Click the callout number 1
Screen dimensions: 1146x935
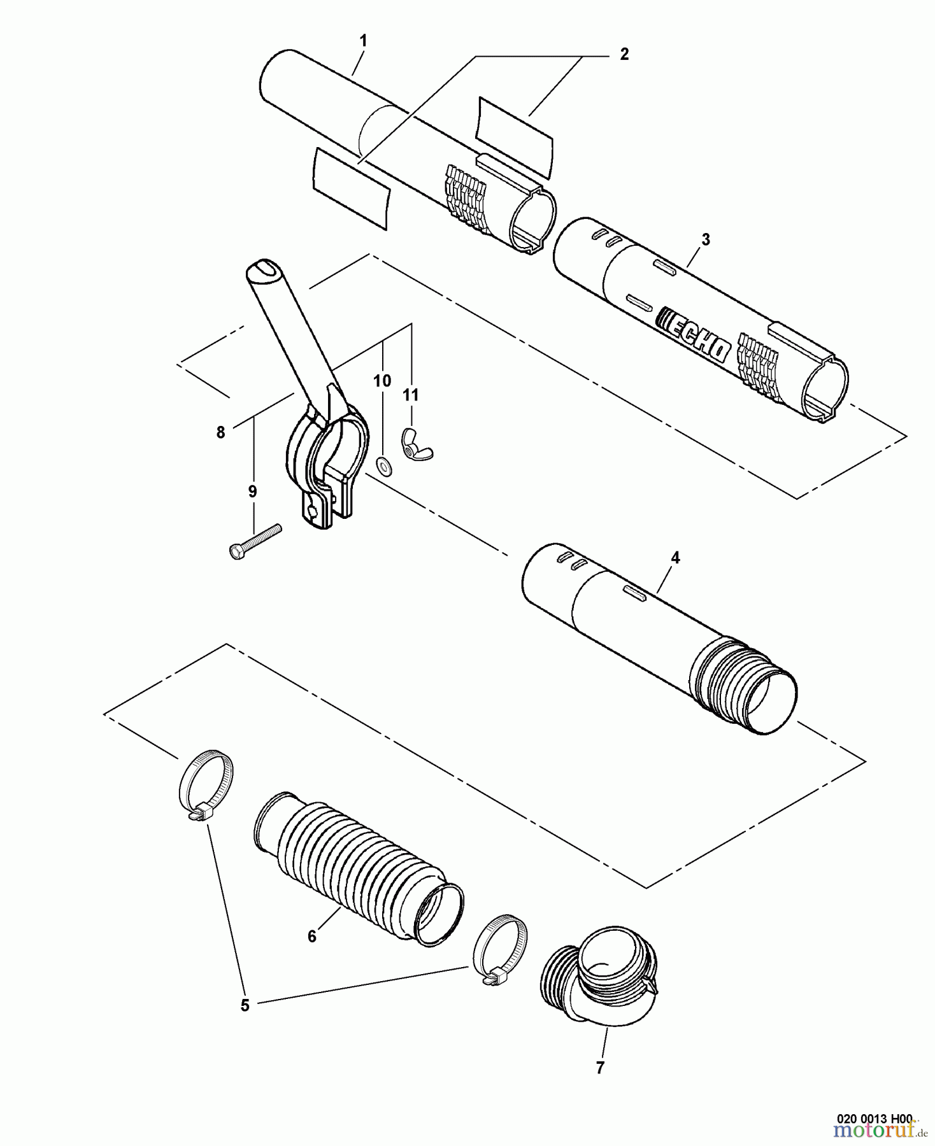[363, 41]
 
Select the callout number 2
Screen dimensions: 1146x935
[624, 54]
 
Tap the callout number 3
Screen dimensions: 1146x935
[705, 239]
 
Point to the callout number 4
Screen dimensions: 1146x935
[675, 558]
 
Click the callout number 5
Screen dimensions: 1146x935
[245, 1006]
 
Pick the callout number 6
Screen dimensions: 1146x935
[311, 937]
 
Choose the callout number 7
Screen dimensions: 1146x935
[599, 1068]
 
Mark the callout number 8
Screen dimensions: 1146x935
[220, 432]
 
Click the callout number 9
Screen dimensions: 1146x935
[252, 491]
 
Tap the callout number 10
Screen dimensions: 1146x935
[382, 381]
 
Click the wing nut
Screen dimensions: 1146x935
[416, 444]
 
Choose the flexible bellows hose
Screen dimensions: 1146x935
[357, 866]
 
